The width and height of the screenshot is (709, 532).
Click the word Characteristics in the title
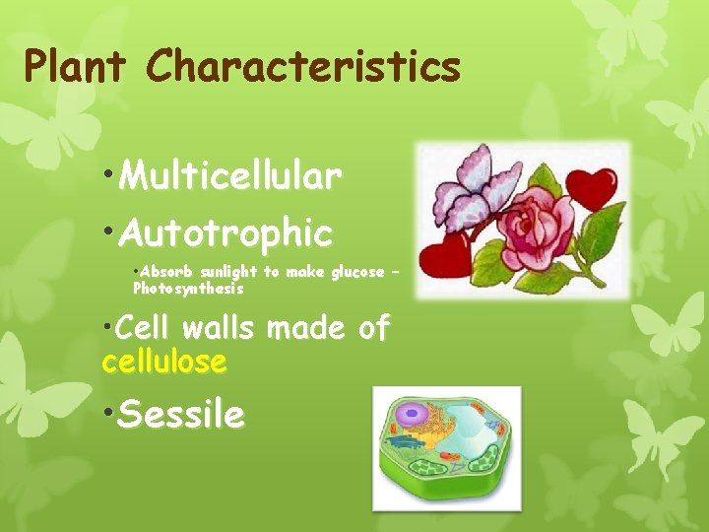[303, 66]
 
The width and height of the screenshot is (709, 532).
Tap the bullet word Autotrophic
[226, 233]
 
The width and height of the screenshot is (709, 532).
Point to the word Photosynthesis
[187, 290]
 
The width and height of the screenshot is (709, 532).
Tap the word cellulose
[164, 362]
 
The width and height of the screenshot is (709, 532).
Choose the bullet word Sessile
[180, 415]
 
